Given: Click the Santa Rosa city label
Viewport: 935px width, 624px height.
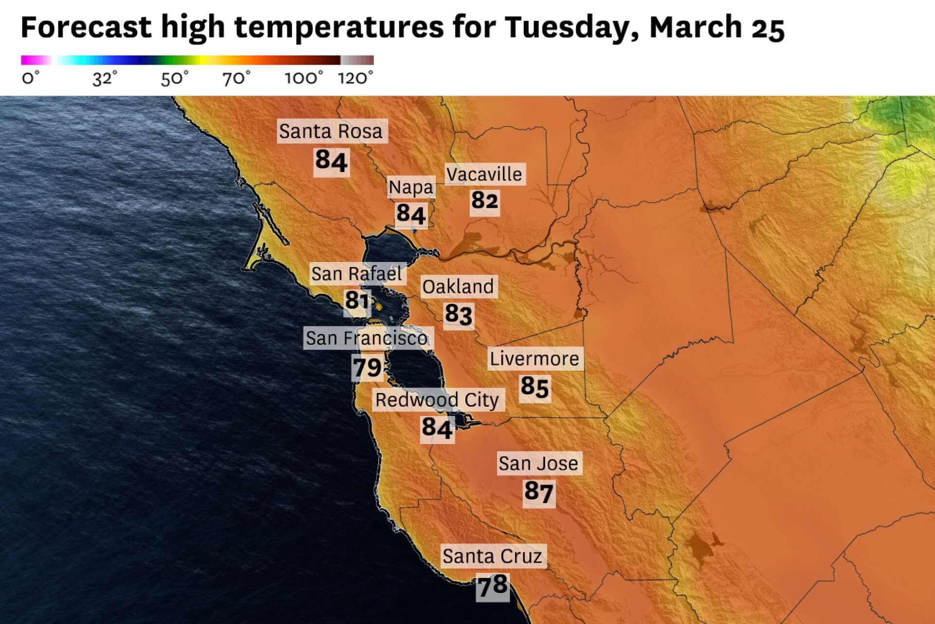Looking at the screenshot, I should (332, 131).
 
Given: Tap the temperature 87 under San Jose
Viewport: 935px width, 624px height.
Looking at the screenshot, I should (539, 492).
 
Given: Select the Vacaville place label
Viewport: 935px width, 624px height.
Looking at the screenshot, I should (485, 174).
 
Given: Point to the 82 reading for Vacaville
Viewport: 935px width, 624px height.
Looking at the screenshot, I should (485, 200).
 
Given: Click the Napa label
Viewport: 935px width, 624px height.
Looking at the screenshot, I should (411, 187).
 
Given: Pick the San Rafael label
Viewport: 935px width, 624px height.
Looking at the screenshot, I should (356, 274).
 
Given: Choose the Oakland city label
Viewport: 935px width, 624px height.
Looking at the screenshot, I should (458, 287).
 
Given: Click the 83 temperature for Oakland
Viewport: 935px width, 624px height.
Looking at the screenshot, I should (458, 314).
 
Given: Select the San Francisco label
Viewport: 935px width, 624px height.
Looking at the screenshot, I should (367, 338).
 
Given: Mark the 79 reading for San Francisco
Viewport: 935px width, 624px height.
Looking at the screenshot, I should (367, 368).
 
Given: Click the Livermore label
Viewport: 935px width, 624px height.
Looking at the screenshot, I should (535, 359).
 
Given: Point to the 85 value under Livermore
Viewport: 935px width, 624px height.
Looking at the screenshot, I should (535, 387).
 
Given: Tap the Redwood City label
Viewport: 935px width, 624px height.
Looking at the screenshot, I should (437, 400).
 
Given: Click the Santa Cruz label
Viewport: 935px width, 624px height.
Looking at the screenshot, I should (492, 556).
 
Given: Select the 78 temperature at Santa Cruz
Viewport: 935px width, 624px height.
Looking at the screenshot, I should (492, 585).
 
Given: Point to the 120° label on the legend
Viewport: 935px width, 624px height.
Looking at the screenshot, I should (355, 78).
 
